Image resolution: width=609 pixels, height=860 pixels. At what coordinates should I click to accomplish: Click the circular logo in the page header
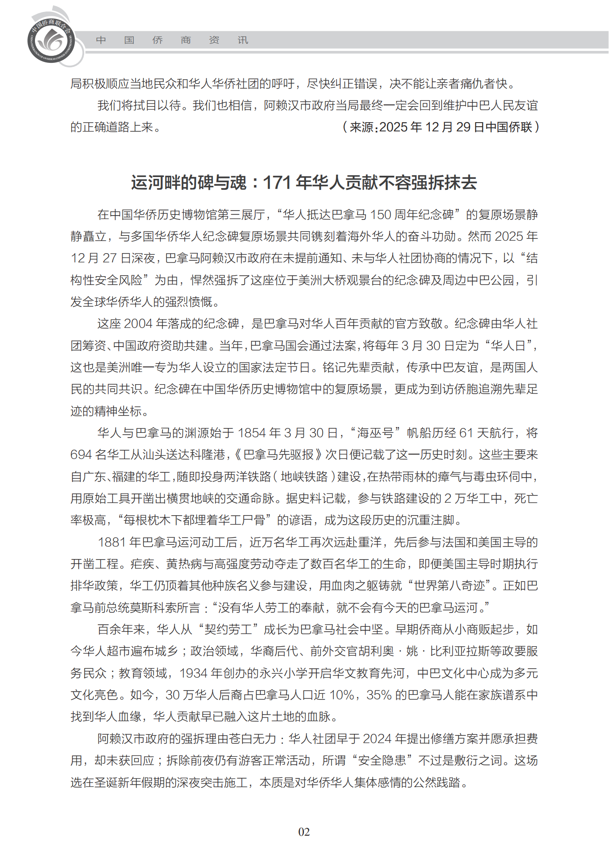51,40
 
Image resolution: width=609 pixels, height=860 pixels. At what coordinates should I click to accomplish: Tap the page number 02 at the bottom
304,832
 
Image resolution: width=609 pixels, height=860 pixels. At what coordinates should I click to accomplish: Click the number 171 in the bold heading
277,182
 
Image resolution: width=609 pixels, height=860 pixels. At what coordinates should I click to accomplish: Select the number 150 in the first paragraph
380,215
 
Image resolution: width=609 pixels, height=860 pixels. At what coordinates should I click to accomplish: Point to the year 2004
138,324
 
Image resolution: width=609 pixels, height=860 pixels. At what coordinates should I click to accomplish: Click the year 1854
251,433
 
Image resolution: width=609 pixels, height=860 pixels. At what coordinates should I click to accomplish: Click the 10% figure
342,695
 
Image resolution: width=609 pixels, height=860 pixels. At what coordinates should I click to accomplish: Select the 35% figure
379,695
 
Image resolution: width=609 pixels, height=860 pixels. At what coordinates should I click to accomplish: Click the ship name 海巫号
375,433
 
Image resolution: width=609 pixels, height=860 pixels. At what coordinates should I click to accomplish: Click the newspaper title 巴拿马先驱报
278,455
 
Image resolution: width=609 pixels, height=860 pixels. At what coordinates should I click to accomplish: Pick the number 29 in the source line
463,127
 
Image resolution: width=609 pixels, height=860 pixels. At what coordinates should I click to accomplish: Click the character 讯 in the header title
243,40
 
